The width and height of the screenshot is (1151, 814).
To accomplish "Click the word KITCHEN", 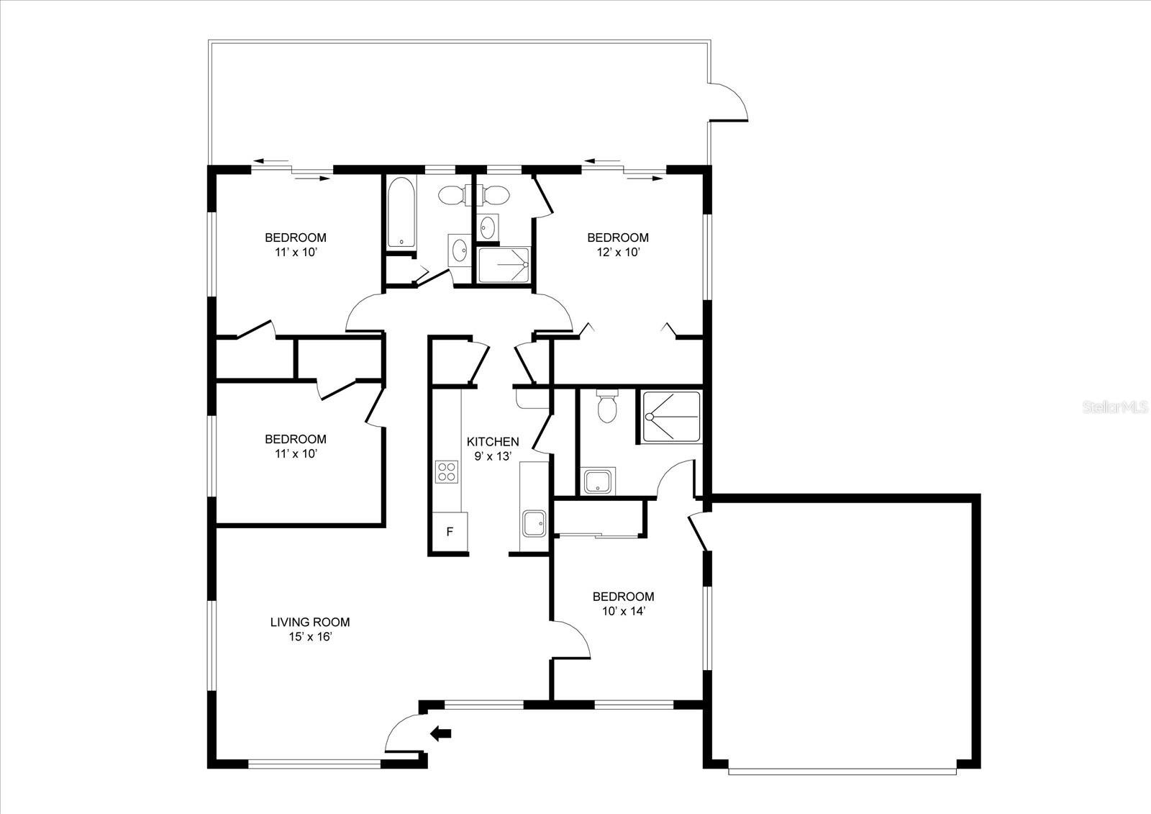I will pyautogui.click(x=492, y=442).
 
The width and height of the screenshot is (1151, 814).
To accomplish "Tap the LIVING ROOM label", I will pyautogui.click(x=310, y=622).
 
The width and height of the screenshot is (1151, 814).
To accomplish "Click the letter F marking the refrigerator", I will pyautogui.click(x=450, y=532).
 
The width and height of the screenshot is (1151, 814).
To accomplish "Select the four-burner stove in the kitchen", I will pyautogui.click(x=446, y=471).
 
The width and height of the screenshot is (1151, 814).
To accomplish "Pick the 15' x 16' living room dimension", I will pyautogui.click(x=310, y=637).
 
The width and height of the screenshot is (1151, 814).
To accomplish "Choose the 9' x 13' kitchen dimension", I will pyautogui.click(x=492, y=456).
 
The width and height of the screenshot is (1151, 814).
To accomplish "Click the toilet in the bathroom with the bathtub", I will pyautogui.click(x=452, y=194).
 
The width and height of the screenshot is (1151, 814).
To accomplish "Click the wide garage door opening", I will pyautogui.click(x=842, y=771).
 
